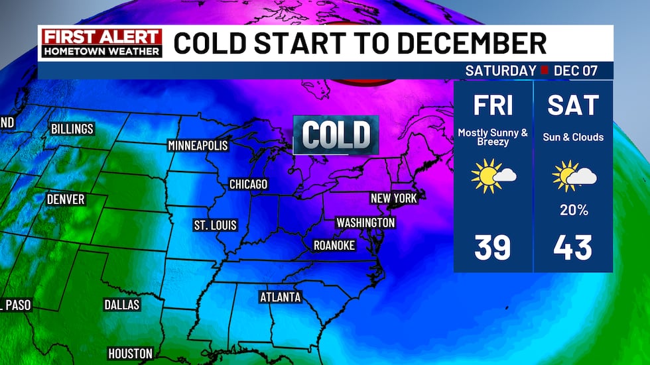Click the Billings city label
click(x=72, y=129)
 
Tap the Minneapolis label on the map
click(x=198, y=145)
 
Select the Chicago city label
click(x=248, y=183)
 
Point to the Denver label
click(x=66, y=199)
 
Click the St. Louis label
click(x=215, y=225)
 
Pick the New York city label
click(x=393, y=198)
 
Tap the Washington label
click(x=365, y=223)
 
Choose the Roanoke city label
click(x=334, y=246)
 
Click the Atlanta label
click(x=280, y=297)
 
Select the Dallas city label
click(x=122, y=305)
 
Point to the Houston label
click(x=131, y=353)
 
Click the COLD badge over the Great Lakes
click(x=336, y=134)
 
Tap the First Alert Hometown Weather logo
click(x=100, y=42)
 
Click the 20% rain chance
click(x=574, y=210)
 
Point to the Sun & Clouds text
click(x=574, y=137)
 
